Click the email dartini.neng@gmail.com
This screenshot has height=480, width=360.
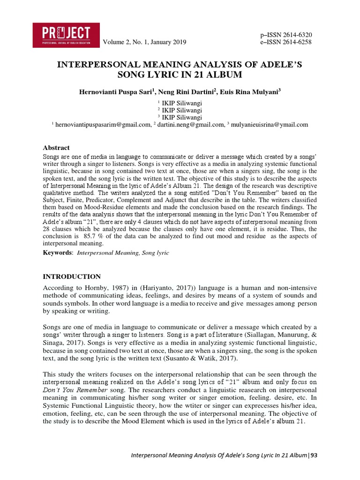190,125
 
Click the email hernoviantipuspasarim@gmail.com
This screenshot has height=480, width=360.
103,125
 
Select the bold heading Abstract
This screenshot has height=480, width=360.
56,147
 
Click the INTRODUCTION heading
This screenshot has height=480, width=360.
72,277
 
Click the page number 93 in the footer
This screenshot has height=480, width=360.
314,455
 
